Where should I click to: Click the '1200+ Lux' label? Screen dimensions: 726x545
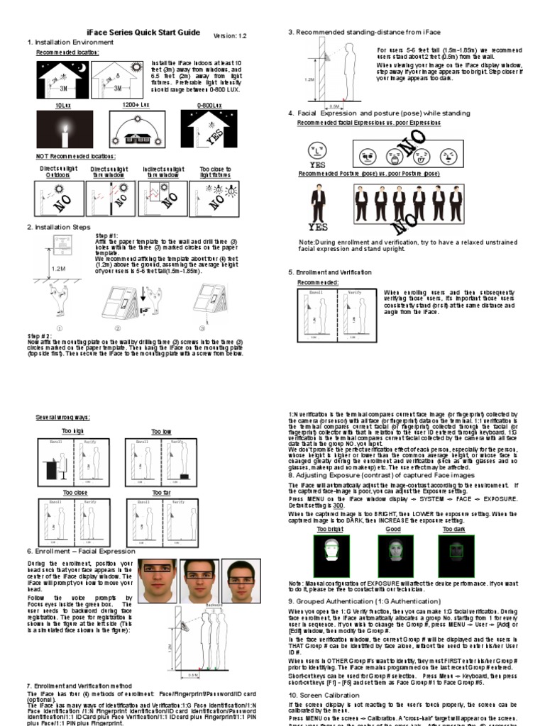point(134,104)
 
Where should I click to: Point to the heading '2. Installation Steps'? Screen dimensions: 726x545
point(59,227)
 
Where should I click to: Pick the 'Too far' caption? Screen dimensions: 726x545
point(159,492)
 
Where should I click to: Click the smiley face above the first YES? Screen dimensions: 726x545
point(316,151)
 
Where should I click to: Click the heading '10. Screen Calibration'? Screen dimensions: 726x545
point(324,695)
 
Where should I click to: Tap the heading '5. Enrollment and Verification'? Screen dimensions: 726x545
point(330,272)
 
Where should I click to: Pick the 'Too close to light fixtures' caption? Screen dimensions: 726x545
point(216,172)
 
